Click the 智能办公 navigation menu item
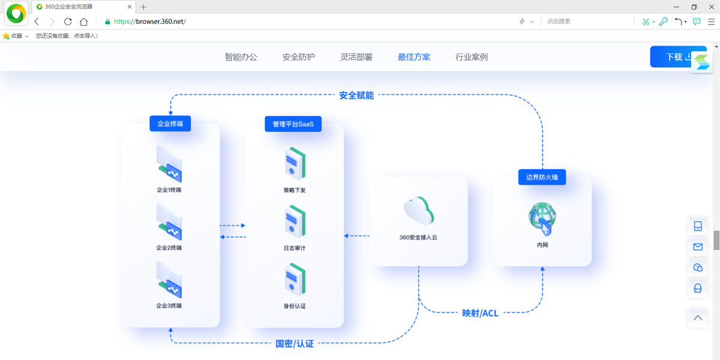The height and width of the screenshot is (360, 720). click(x=241, y=57)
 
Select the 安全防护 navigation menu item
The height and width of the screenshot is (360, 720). click(x=298, y=57)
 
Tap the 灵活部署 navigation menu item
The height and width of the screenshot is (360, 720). click(x=356, y=57)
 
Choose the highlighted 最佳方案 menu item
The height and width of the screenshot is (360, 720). click(x=414, y=57)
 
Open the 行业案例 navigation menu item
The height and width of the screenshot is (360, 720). click(x=472, y=57)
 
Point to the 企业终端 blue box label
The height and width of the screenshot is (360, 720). click(x=170, y=124)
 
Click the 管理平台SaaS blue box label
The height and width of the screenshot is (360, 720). click(x=293, y=124)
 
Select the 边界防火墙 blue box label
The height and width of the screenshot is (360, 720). click(x=542, y=177)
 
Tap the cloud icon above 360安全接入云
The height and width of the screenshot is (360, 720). click(x=418, y=211)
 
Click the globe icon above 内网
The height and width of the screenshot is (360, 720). click(x=542, y=219)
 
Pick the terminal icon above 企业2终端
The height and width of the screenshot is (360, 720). click(x=169, y=222)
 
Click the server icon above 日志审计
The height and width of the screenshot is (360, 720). click(x=294, y=222)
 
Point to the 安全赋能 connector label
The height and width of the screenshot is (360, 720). click(x=356, y=95)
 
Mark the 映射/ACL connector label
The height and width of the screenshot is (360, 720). click(x=480, y=313)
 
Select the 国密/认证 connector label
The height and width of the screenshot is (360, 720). click(x=294, y=344)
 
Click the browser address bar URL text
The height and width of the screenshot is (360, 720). click(x=150, y=21)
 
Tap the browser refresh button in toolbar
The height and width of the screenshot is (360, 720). click(x=68, y=21)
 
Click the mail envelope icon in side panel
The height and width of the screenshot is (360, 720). click(x=697, y=247)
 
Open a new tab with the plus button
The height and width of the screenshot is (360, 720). click(x=143, y=7)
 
